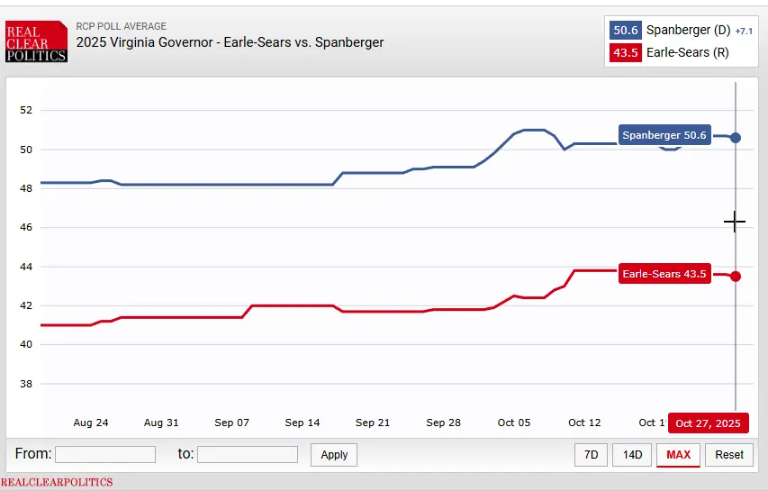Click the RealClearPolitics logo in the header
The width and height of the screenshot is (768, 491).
(36, 41)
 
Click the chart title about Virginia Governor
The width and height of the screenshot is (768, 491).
(230, 42)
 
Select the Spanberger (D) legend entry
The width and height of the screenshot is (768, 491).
(688, 30)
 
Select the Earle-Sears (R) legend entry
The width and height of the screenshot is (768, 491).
(688, 52)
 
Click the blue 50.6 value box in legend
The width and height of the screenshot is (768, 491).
(626, 30)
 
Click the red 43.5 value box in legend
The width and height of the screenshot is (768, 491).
(626, 52)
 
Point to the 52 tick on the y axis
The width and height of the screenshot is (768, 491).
(25, 111)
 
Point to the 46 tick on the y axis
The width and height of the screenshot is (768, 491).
(25, 228)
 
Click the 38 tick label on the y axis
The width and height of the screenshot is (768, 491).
(25, 384)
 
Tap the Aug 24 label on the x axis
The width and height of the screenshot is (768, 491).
(91, 423)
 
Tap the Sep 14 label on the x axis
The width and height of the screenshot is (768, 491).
(303, 423)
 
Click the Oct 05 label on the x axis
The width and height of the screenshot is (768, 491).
(514, 423)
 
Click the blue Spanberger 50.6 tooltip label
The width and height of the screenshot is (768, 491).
(664, 135)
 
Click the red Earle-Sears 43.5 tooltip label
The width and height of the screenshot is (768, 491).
(664, 274)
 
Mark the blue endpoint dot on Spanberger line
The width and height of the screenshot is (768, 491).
(736, 137)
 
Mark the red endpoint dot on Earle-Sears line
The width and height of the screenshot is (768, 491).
(736, 276)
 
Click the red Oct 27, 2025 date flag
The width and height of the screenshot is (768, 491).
(708, 423)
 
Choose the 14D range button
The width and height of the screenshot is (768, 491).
(632, 455)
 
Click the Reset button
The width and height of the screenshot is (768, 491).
(729, 455)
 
